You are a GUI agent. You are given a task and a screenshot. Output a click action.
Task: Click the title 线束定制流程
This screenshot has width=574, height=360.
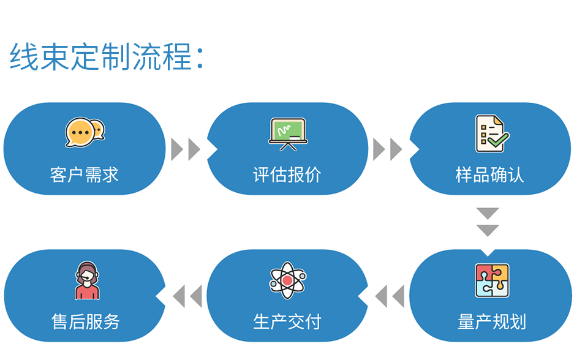tap(101, 56)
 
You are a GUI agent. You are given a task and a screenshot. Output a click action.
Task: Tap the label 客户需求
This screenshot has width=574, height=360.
tap(85, 175)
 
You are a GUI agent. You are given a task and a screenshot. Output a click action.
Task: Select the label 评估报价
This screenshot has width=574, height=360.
tap(287, 175)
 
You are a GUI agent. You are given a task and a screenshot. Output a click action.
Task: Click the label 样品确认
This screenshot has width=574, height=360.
tap(490, 175)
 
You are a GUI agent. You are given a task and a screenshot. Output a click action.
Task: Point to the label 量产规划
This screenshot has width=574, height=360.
tap(492, 322)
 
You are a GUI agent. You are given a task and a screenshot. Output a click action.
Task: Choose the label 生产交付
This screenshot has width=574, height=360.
tap(287, 322)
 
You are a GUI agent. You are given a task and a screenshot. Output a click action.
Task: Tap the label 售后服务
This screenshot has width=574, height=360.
tap(85, 322)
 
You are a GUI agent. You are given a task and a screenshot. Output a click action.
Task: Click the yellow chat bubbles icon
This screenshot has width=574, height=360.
tap(85, 132)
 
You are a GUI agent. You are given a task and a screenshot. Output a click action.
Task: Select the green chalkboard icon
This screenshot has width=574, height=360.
tap(288, 134)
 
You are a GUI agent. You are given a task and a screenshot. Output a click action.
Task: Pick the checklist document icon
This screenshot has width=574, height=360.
tap(492, 133)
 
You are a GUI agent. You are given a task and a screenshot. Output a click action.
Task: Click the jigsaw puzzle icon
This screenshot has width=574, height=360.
tap(492, 280)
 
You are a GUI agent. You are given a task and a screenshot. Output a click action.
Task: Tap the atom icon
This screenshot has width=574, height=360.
tap(288, 280)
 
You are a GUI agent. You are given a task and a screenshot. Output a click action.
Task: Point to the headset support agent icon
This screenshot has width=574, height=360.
tap(87, 280)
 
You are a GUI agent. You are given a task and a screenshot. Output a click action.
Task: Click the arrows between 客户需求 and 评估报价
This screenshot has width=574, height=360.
tap(186, 149)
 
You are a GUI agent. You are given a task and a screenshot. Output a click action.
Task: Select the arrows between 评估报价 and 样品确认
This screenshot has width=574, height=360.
tap(388, 149)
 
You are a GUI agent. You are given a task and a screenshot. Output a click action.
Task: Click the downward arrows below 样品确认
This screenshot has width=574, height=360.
tap(488, 222)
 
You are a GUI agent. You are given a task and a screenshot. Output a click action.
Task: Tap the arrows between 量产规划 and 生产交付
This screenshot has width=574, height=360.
tap(390, 296)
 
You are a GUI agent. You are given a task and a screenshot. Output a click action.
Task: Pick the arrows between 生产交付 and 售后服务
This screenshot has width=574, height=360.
tap(187, 296)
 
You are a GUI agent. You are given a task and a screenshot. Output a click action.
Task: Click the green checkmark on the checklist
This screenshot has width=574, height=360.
tap(498, 140)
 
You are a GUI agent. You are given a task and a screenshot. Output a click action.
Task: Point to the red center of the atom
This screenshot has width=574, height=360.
tap(288, 280)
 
